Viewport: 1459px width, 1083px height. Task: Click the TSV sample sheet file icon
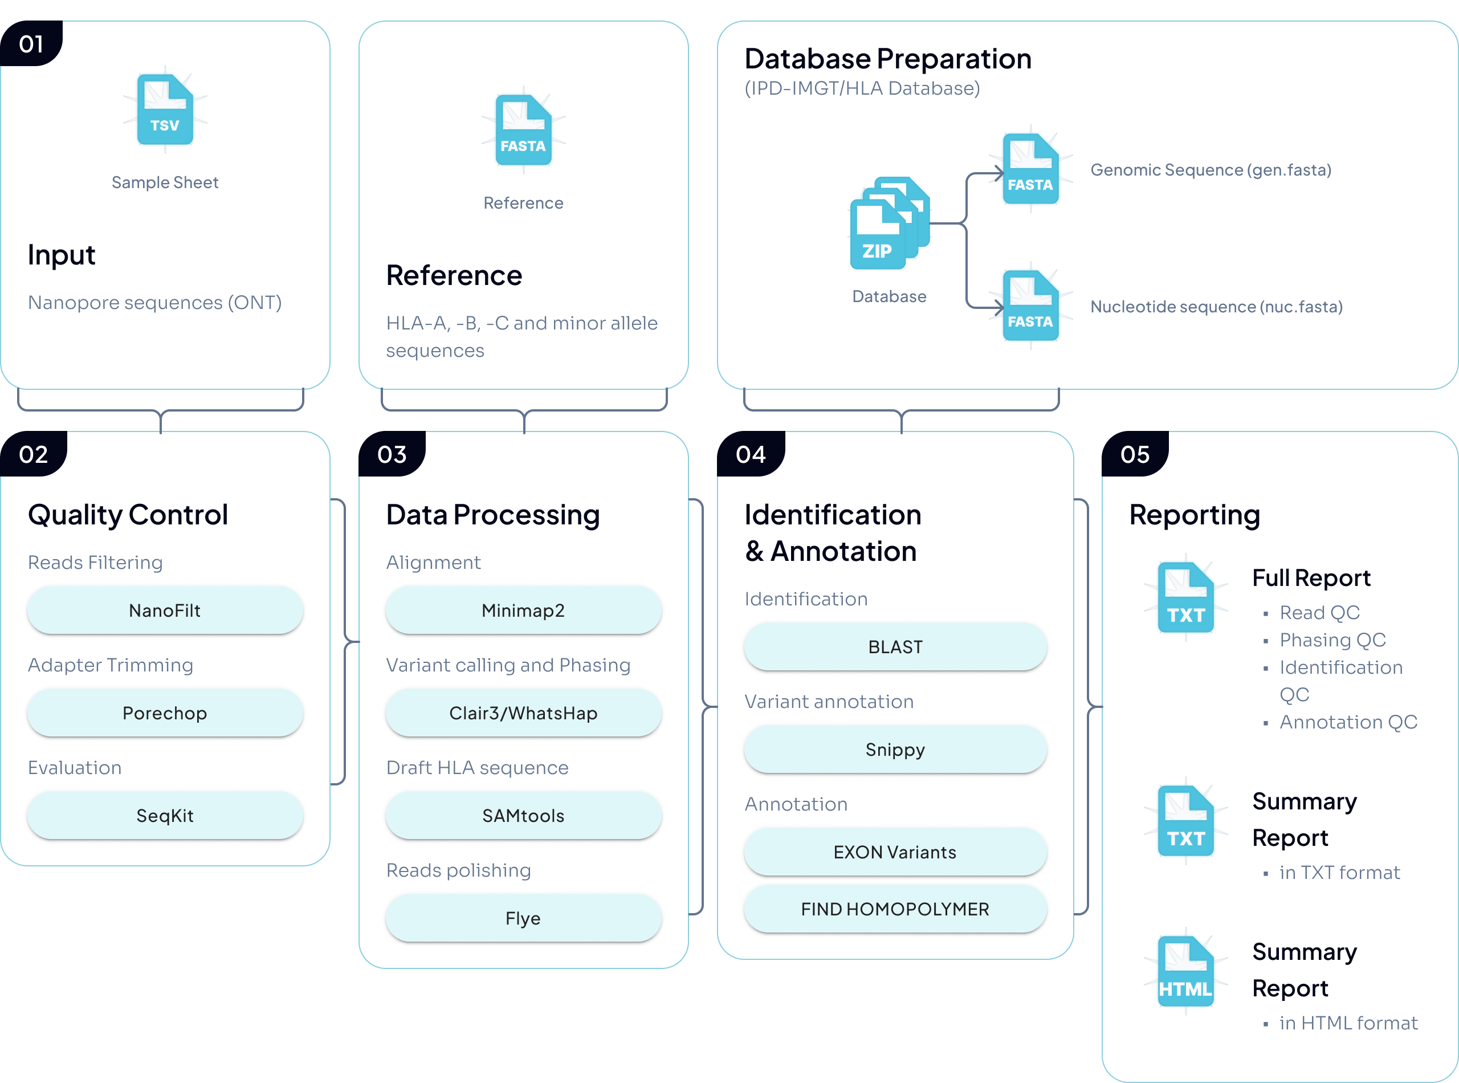(x=165, y=109)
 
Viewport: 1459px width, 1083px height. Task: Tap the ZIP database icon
(x=888, y=225)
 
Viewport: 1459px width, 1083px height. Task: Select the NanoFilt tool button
(x=165, y=610)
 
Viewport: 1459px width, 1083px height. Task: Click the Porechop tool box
(x=165, y=712)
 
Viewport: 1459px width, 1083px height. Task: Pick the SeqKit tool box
(x=165, y=816)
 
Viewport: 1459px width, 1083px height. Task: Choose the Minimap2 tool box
(x=523, y=610)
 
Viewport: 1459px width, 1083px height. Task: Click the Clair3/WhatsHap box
(x=523, y=712)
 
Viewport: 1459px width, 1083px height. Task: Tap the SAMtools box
(x=523, y=816)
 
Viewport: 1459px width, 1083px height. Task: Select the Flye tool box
(x=523, y=918)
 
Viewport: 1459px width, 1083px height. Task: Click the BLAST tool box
(x=895, y=647)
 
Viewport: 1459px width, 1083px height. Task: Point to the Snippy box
(x=895, y=750)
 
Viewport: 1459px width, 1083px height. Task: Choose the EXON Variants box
(x=895, y=852)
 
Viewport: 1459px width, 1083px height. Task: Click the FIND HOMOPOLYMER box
(x=895, y=909)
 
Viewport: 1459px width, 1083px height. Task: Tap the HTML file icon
(x=1185, y=971)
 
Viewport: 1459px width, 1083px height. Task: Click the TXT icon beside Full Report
(x=1185, y=598)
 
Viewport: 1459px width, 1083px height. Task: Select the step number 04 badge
(x=751, y=454)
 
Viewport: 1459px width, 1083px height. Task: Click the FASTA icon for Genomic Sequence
(x=1030, y=169)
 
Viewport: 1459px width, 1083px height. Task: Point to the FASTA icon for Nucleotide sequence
(x=1030, y=306)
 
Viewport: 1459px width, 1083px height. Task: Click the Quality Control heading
(x=128, y=515)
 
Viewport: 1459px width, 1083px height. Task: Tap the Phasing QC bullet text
(x=1332, y=640)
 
